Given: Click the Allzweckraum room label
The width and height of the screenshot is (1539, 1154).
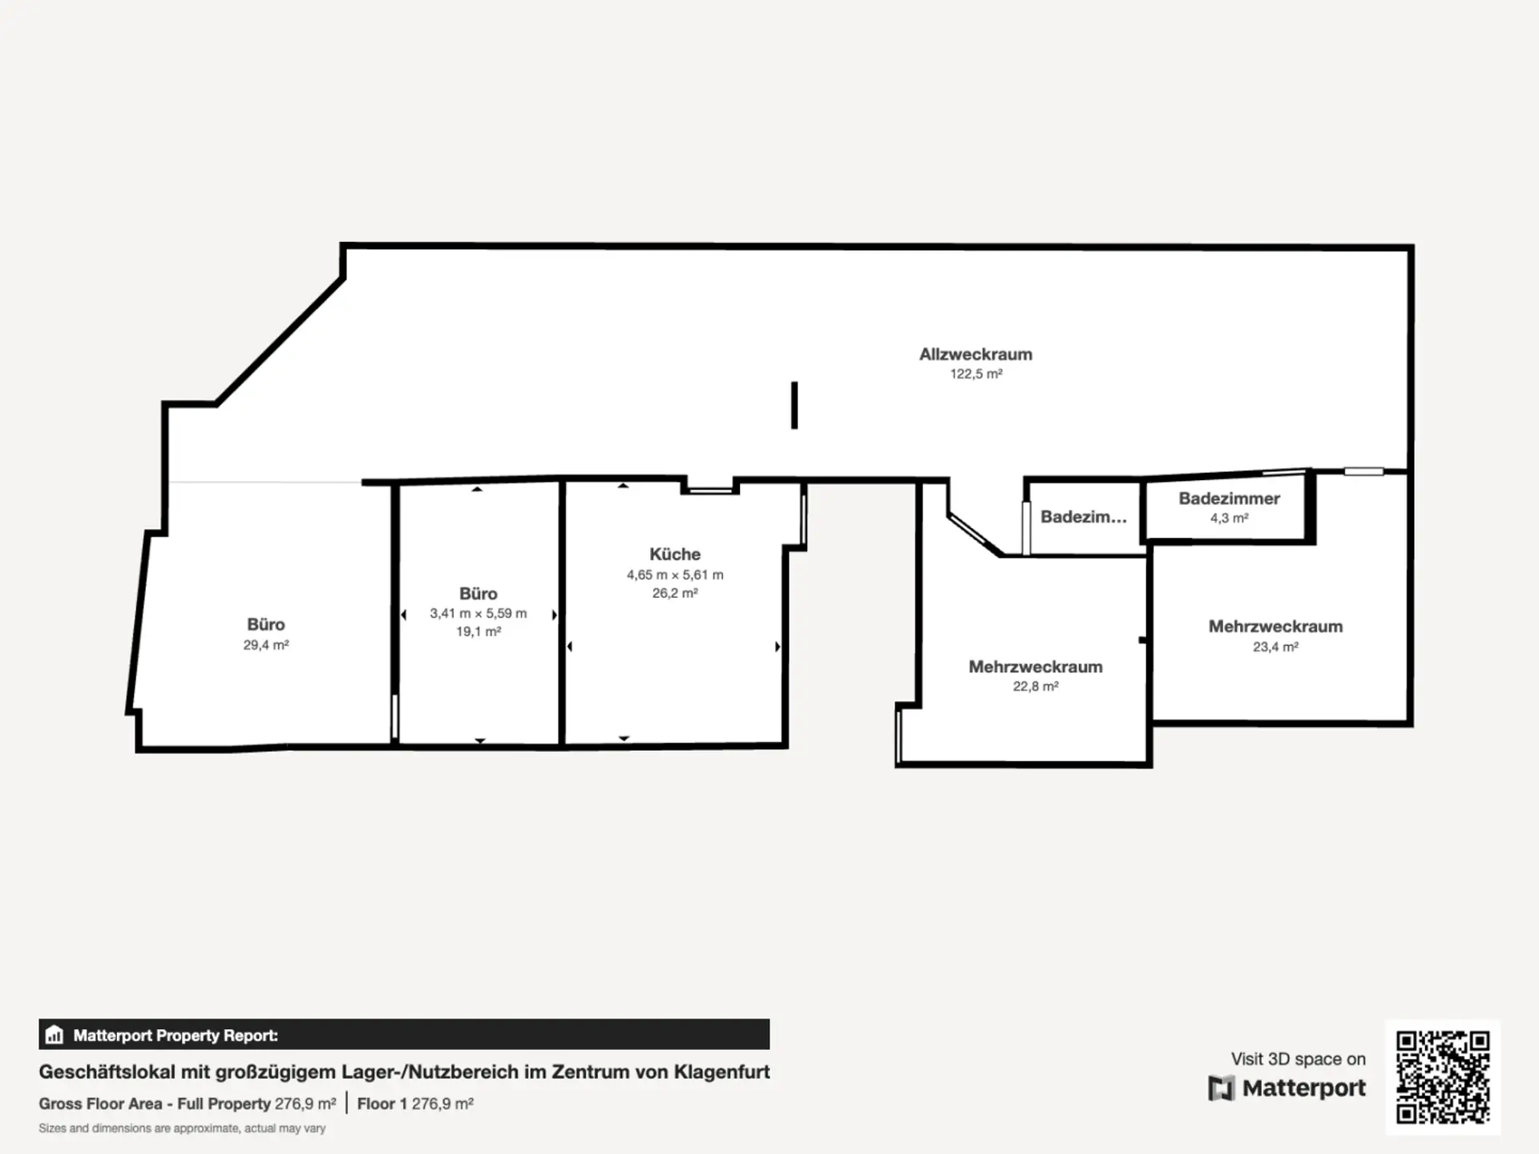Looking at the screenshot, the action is (976, 354).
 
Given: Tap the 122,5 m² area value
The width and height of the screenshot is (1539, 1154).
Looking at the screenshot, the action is (976, 374).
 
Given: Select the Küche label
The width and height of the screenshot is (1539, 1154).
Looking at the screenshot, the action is (675, 554).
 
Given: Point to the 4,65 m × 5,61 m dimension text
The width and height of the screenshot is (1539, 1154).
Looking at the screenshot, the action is (675, 575).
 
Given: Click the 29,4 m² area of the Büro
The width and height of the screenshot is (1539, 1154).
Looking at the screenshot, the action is (266, 645).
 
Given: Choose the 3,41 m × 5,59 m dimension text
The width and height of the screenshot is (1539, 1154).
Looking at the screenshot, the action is (479, 613).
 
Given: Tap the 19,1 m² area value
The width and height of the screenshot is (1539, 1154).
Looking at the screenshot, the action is (479, 631).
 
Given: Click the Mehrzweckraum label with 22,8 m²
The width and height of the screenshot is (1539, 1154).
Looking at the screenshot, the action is (1036, 667).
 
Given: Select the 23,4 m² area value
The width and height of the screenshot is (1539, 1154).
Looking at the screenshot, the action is (1275, 647).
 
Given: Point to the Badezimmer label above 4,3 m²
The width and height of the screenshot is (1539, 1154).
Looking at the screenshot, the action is (1229, 498).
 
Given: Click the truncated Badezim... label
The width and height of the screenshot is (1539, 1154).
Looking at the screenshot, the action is (1084, 517).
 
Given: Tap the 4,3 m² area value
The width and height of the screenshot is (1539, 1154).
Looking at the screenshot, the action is (1229, 518).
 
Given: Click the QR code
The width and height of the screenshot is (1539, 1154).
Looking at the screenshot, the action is (1443, 1077).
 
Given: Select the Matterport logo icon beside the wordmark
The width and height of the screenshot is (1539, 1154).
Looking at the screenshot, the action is (1221, 1088).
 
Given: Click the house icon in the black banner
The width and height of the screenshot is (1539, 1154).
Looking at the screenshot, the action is (54, 1035).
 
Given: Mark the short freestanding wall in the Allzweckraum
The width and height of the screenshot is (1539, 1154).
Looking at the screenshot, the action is (794, 406).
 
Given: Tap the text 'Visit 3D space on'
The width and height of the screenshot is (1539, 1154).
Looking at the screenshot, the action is (1298, 1059).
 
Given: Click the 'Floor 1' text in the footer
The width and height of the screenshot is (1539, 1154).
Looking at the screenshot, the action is (376, 1104).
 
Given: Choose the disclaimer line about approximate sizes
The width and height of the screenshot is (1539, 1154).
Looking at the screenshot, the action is (182, 1128).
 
